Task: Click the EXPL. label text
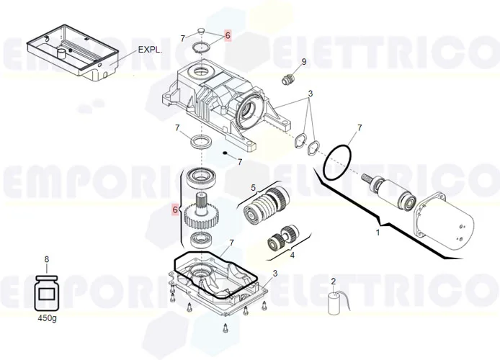point(150,51)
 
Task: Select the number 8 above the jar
point(47,259)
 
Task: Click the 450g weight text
point(47,317)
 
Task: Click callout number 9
point(303,62)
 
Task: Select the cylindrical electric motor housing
point(451,222)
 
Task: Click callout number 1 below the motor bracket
point(377,233)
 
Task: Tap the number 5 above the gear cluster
point(253,188)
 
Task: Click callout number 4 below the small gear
point(292,254)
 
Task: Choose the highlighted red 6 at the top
point(228,35)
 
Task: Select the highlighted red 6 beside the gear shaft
point(174,210)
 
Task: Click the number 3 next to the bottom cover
point(274,274)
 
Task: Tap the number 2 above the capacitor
point(333,281)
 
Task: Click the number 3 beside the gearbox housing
point(311,94)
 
